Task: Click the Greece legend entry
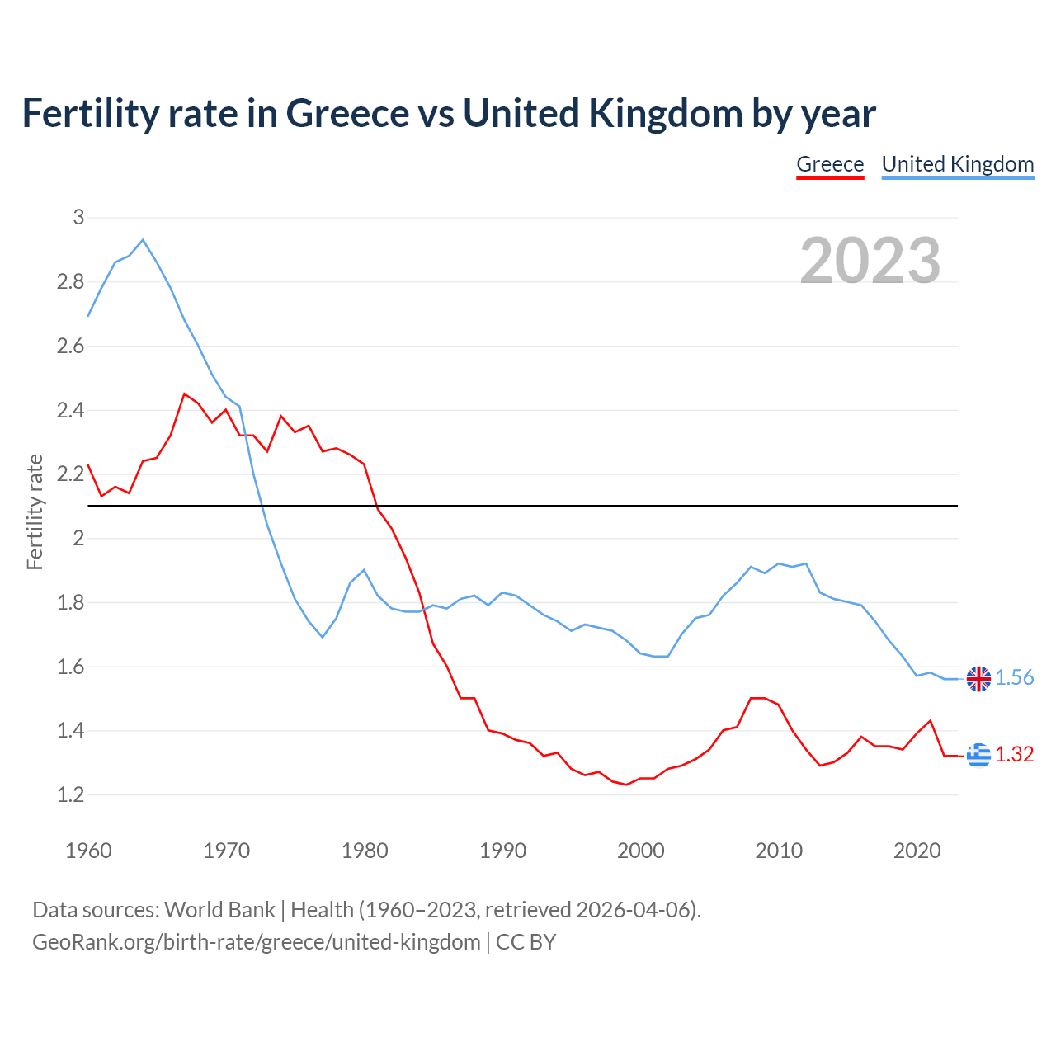click(x=830, y=164)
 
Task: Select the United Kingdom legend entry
click(x=957, y=164)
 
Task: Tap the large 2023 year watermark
click(x=870, y=261)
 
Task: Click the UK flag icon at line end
click(x=978, y=678)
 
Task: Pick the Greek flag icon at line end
click(x=978, y=754)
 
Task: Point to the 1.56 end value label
click(x=1014, y=678)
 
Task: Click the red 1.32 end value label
click(x=1014, y=754)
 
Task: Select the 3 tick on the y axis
click(x=78, y=218)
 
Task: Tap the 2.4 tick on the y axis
click(x=71, y=410)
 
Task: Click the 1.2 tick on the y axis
click(x=71, y=794)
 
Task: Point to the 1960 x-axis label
click(x=88, y=851)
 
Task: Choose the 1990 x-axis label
click(x=502, y=851)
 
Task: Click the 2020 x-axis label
click(x=917, y=851)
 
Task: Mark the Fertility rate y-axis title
click(x=35, y=511)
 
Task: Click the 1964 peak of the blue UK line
click(x=143, y=240)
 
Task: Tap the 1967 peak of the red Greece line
click(x=184, y=394)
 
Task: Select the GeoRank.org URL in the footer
click(x=256, y=941)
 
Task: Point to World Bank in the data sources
click(x=219, y=910)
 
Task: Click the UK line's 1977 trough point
click(x=323, y=637)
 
